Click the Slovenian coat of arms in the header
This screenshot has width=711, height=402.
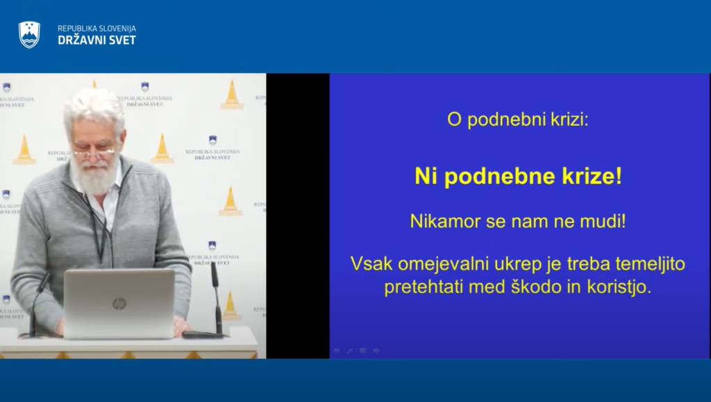[x=29, y=34]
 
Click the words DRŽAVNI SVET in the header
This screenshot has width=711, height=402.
[x=97, y=40]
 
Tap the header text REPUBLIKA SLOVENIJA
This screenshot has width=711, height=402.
[x=97, y=29]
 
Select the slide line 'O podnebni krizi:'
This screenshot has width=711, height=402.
[x=518, y=120]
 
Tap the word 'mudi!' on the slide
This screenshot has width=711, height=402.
[x=603, y=222]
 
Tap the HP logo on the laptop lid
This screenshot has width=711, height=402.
[x=119, y=303]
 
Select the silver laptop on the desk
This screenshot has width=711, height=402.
[x=119, y=303]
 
